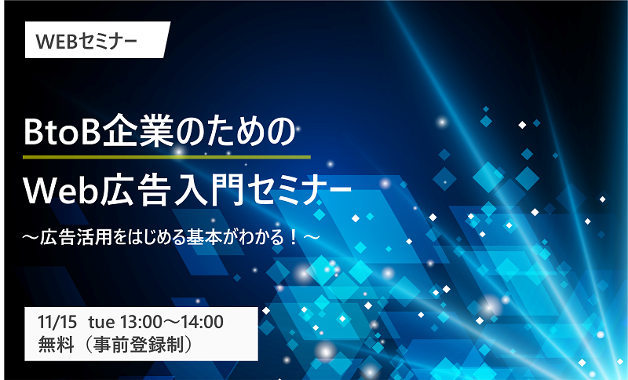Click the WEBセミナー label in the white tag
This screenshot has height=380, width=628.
(86, 42)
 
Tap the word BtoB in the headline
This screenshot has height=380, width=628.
(61, 131)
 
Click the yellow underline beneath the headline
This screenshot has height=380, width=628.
(166, 157)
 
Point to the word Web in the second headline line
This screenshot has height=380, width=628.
(61, 191)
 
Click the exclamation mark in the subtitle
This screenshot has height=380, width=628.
(294, 238)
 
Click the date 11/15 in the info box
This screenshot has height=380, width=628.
(57, 322)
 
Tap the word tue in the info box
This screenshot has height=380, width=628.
(102, 323)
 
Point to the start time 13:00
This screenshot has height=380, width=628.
(141, 322)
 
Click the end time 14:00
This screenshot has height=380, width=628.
(203, 322)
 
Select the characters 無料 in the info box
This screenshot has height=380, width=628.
(56, 345)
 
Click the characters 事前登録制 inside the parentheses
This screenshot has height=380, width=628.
(139, 345)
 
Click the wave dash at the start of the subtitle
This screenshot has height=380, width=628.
(31, 238)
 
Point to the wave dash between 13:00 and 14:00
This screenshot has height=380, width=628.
(171, 323)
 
